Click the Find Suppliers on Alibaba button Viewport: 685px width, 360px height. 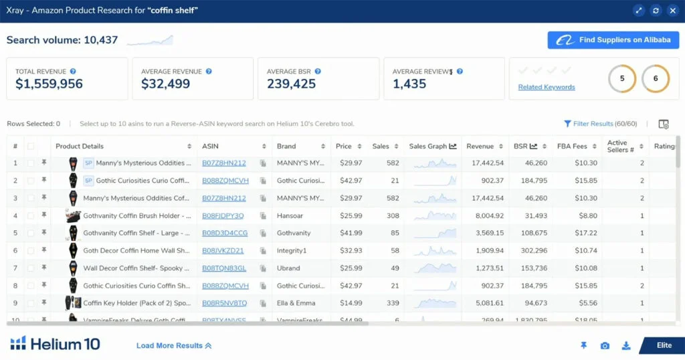click(613, 40)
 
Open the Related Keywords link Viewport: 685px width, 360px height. click(547, 87)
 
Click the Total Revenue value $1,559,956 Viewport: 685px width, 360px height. click(50, 84)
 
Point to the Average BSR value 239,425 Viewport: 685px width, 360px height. click(291, 84)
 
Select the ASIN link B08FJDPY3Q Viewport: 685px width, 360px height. click(223, 215)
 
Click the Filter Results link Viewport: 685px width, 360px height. click(600, 124)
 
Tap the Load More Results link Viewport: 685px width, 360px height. click(174, 345)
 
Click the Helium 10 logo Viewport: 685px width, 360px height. click(55, 344)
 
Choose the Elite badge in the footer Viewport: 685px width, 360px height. click(664, 345)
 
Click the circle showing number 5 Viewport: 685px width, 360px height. click(622, 79)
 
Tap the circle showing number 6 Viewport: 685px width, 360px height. click(656, 79)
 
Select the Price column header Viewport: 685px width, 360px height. click(344, 146)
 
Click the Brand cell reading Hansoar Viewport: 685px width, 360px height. click(290, 215)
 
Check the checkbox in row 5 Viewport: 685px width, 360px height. click(31, 233)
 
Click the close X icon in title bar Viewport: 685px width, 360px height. click(672, 11)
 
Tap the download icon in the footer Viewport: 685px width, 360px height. click(626, 345)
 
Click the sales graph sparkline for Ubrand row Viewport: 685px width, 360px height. click(435, 268)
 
